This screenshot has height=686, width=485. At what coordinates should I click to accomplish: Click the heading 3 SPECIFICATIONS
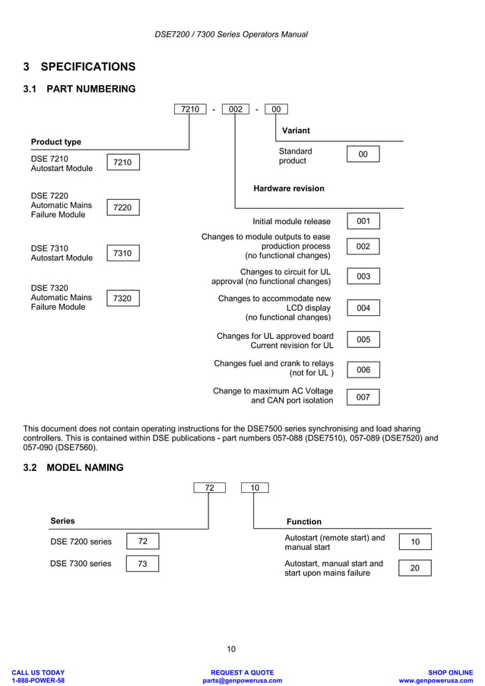[79, 67]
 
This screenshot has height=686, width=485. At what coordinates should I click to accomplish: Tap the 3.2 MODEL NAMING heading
[73, 468]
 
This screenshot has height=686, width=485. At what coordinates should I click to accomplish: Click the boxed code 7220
[122, 207]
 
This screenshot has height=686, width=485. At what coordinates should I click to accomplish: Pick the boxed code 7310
[122, 253]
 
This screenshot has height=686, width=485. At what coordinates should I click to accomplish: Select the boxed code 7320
[122, 299]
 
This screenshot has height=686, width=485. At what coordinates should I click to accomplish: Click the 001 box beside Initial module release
[363, 221]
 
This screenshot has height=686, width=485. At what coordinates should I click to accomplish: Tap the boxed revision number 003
[363, 277]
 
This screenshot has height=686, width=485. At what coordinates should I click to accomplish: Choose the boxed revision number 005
[363, 340]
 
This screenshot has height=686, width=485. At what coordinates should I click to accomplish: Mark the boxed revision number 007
[363, 397]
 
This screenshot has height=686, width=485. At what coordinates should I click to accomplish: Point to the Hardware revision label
[289, 188]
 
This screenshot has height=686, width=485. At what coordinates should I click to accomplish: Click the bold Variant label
[296, 131]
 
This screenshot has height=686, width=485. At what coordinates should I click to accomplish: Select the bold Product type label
[56, 142]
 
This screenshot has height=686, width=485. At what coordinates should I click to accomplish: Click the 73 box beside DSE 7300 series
[143, 564]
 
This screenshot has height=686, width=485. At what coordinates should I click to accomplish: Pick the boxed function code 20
[415, 568]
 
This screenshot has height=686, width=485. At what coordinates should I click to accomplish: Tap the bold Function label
[304, 522]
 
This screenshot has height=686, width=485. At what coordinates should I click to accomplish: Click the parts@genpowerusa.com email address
[242, 681]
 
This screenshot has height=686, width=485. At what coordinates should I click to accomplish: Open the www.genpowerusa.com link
[436, 681]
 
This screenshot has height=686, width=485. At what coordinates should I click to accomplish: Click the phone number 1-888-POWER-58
[38, 681]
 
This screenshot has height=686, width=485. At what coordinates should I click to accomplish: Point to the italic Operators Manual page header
[231, 34]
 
